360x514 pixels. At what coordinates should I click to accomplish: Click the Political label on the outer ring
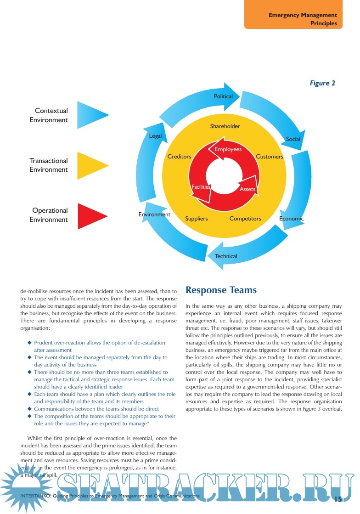(x=223, y=96)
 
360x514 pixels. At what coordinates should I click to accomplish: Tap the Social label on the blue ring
(x=293, y=139)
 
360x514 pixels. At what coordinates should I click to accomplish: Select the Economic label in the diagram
(x=292, y=219)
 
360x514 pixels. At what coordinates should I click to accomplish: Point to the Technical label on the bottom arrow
(x=226, y=256)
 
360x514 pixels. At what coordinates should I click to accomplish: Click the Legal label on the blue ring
(x=155, y=136)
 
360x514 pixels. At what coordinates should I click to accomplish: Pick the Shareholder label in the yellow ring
(x=225, y=126)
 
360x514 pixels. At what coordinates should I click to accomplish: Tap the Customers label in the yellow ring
(x=270, y=157)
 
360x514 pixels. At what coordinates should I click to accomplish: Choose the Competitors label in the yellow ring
(x=245, y=219)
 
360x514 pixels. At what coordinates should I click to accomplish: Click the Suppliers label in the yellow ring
(x=197, y=219)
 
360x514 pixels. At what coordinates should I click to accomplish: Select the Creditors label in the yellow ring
(x=179, y=157)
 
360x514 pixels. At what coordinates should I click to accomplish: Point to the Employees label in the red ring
(x=228, y=150)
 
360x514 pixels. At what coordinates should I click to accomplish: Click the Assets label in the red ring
(x=247, y=189)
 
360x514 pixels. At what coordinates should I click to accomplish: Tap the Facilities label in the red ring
(x=201, y=187)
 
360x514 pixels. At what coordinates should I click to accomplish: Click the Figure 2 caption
(x=322, y=83)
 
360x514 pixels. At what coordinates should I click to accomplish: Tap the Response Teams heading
(x=221, y=290)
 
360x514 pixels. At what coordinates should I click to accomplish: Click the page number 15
(x=338, y=498)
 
